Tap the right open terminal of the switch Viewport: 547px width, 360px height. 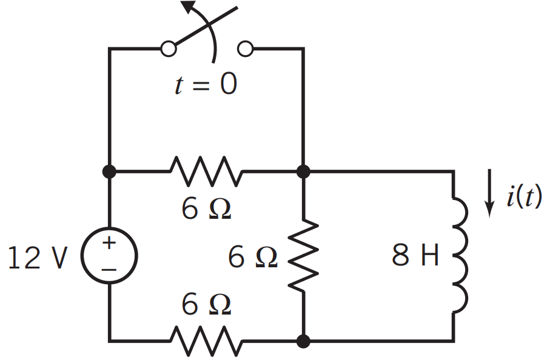point(245,48)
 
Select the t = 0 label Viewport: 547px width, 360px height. point(206,85)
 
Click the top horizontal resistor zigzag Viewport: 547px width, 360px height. point(206,172)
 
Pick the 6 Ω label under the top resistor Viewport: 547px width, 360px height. point(206,209)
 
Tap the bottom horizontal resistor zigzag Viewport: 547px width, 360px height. point(206,341)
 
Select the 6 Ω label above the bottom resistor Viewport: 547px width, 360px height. point(206,305)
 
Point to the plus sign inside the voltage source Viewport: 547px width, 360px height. point(109,244)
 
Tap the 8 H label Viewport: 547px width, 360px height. point(415,257)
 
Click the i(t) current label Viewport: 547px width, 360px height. point(523,198)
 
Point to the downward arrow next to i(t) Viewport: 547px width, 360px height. point(489,198)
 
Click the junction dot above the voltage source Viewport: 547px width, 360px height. point(109,172)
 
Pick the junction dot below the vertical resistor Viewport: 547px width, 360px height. point(304,341)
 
